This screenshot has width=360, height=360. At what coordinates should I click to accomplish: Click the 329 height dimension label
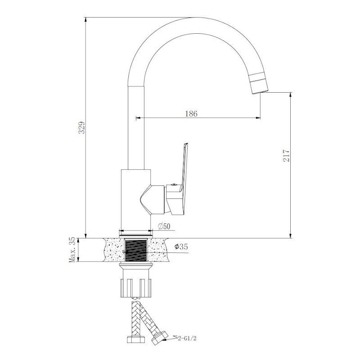(82, 128)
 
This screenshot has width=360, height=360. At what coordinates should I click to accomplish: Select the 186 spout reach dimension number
(191, 114)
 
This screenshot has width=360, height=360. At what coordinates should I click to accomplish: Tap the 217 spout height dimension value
(286, 156)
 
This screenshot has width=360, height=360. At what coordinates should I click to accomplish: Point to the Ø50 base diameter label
(164, 226)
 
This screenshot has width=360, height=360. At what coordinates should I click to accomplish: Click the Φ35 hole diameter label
(181, 247)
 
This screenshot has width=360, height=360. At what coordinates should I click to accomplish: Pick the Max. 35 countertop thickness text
(72, 250)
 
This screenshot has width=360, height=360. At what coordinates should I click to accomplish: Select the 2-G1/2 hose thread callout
(188, 338)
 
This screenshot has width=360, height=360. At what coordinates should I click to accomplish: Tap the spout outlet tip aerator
(259, 83)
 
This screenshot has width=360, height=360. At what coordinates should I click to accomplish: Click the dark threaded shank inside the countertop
(136, 250)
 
